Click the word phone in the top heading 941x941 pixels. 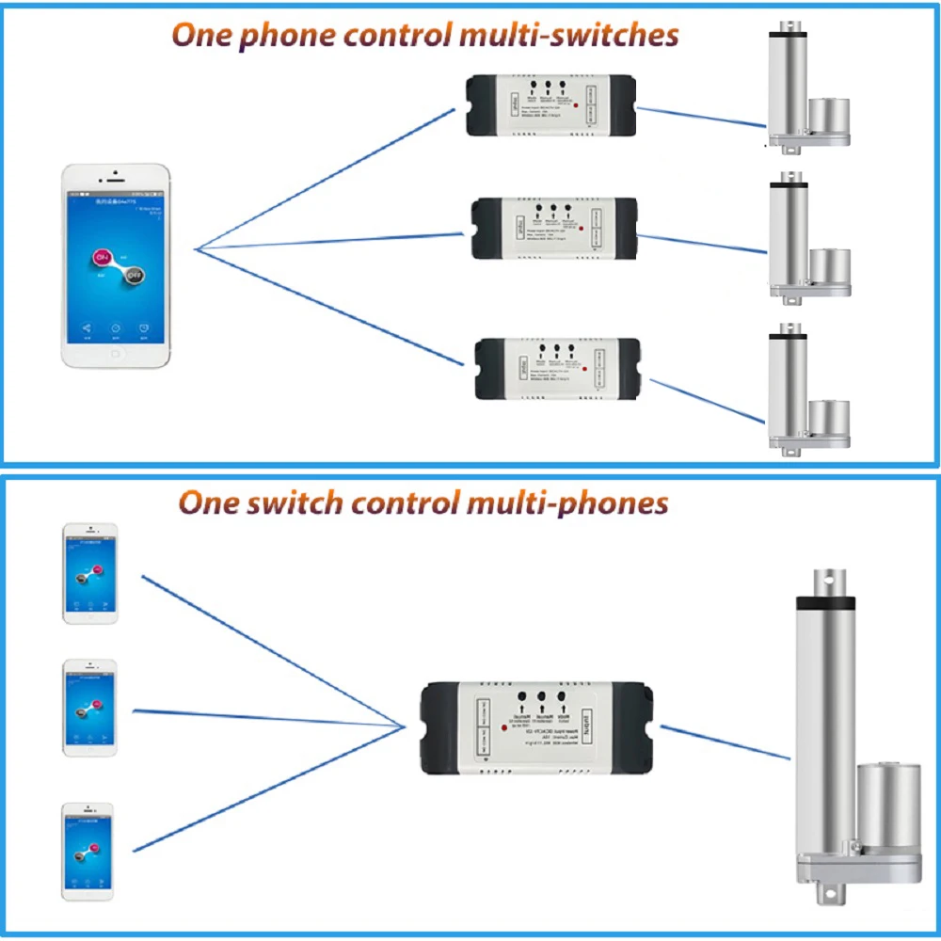click(279, 36)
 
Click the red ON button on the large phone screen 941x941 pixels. click(101, 257)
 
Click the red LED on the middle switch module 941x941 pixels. click(584, 229)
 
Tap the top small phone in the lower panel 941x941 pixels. click(90, 573)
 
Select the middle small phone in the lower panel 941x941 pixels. click(90, 708)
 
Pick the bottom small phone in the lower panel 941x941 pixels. click(88, 850)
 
